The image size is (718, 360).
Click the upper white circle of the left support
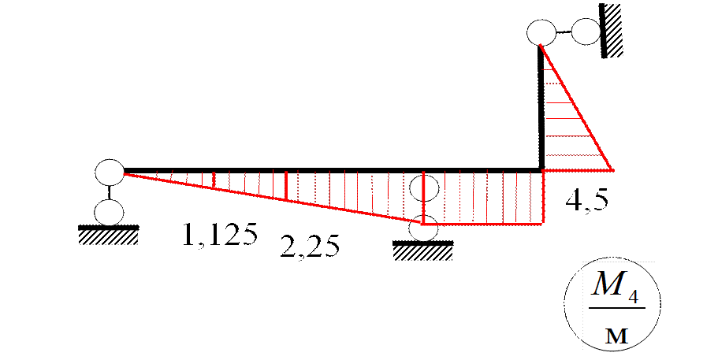pos(110,172)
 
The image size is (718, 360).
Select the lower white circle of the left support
pos(110,211)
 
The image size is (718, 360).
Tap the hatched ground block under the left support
pos(109,236)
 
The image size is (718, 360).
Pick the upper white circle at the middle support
pos(424,189)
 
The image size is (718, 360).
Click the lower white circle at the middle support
pos(424,225)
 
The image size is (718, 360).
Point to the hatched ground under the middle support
pos(422,252)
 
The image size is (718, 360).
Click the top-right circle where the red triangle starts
pos(541,33)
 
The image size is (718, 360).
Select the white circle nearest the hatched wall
pos(586,32)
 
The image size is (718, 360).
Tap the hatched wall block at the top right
pos(614,32)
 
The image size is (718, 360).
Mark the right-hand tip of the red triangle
pos(612,169)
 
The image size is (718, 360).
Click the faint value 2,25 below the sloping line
pos(311,248)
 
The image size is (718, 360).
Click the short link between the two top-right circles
pos(564,33)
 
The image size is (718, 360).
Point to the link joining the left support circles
pos(110,191)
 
